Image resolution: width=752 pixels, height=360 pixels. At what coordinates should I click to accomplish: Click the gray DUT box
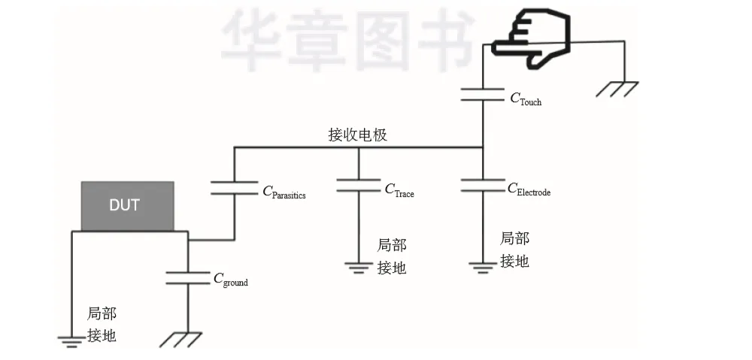point(127,205)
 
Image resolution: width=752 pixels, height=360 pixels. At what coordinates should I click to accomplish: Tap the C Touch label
point(526,98)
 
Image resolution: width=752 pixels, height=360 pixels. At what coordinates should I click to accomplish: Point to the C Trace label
point(399,191)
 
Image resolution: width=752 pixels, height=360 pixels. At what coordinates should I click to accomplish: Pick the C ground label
point(230,280)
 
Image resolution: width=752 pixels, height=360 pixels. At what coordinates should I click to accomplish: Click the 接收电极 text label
point(358,135)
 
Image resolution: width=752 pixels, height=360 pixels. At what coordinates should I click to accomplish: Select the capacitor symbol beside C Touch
point(482,94)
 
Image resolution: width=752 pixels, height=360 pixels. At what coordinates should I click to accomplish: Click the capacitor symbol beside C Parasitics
point(234,187)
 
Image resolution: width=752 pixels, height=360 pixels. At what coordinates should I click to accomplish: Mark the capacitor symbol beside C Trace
point(359,185)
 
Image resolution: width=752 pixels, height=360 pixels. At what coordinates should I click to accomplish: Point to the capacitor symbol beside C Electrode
point(482,185)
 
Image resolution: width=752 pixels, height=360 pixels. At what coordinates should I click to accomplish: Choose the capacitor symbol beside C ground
point(187,277)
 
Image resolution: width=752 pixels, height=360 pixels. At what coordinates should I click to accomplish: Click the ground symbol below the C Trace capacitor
point(359,266)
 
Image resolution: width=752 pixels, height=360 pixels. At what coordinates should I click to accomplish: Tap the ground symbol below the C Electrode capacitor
point(482,266)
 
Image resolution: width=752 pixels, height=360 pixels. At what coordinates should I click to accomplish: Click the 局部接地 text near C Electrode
point(515,250)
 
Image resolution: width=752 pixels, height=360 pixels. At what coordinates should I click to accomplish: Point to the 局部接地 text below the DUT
point(102,325)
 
